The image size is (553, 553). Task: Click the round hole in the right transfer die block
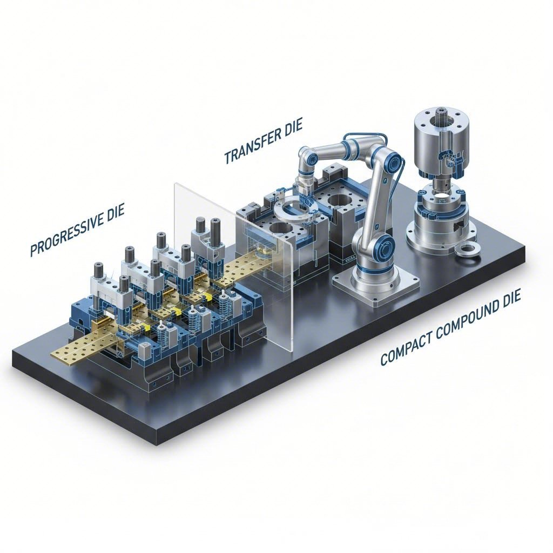tap(337, 203)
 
